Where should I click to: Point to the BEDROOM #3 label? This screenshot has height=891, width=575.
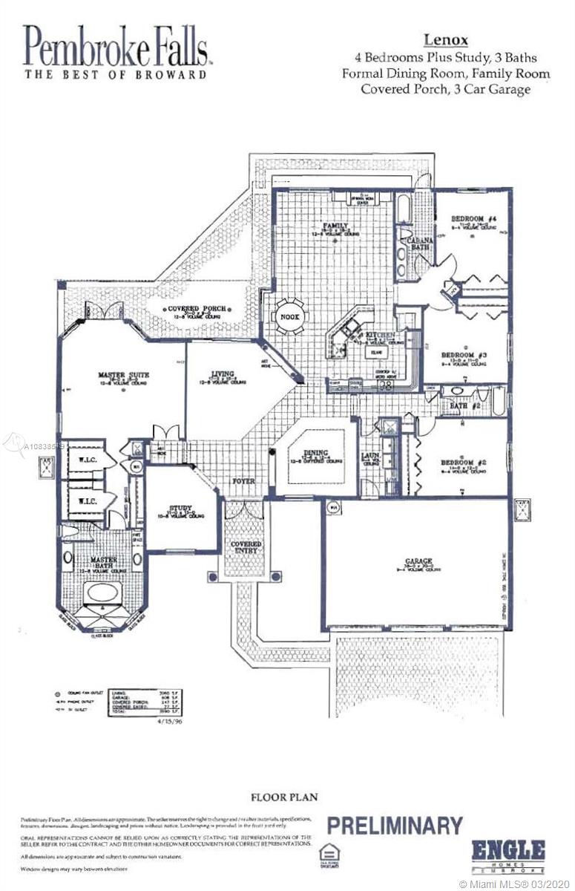click(464, 356)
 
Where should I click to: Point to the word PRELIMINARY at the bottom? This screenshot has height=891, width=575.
click(395, 825)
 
